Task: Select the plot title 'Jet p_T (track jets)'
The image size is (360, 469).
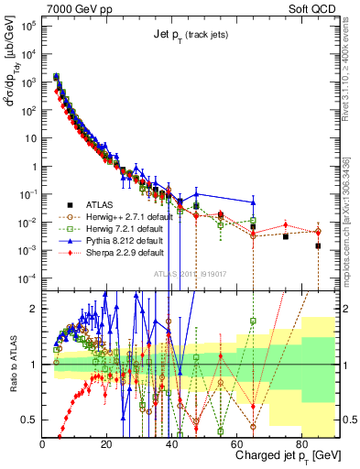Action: (190, 34)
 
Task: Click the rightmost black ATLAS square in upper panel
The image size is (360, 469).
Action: (318, 245)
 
